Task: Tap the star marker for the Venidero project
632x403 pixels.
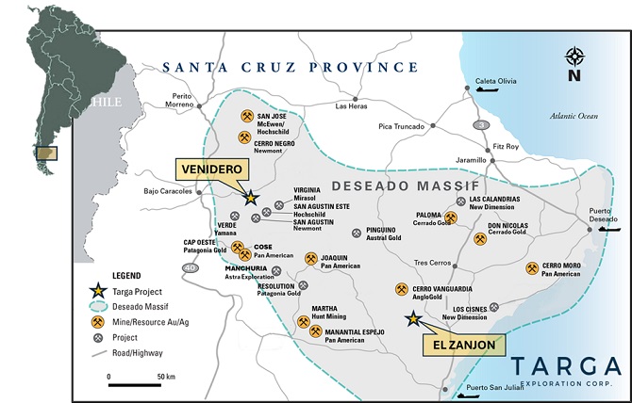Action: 250,198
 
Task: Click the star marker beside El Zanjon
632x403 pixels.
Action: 412,318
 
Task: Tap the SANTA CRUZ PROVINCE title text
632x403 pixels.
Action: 290,67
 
